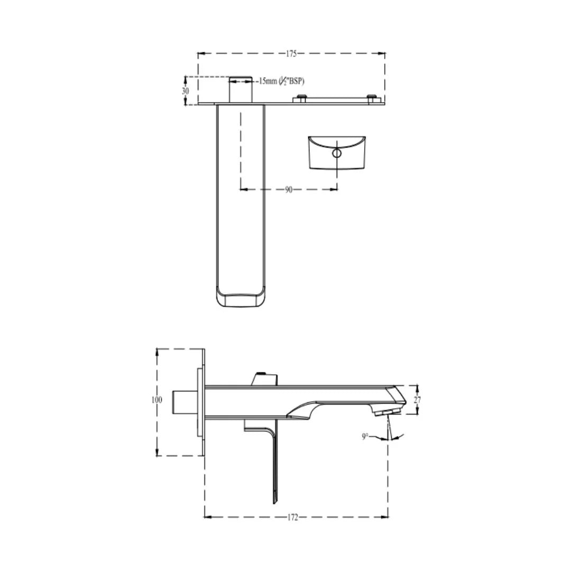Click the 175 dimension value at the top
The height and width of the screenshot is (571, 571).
291,53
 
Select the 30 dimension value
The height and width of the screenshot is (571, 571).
185,91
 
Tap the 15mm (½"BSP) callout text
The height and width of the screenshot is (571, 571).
281,81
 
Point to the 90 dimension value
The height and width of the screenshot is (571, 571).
289,189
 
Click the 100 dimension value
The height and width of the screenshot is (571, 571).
157,400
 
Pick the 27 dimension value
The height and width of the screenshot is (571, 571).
417,400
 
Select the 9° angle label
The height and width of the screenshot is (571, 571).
365,437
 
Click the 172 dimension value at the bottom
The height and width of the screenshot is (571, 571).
293,517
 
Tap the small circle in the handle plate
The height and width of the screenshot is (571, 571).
337,154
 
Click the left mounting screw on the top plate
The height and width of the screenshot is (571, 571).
301,98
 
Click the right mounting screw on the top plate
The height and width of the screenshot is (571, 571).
372,98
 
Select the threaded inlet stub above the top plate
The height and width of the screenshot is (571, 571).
241,89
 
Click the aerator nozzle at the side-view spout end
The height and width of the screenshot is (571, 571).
385,411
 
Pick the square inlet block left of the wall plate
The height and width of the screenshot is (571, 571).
185,403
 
